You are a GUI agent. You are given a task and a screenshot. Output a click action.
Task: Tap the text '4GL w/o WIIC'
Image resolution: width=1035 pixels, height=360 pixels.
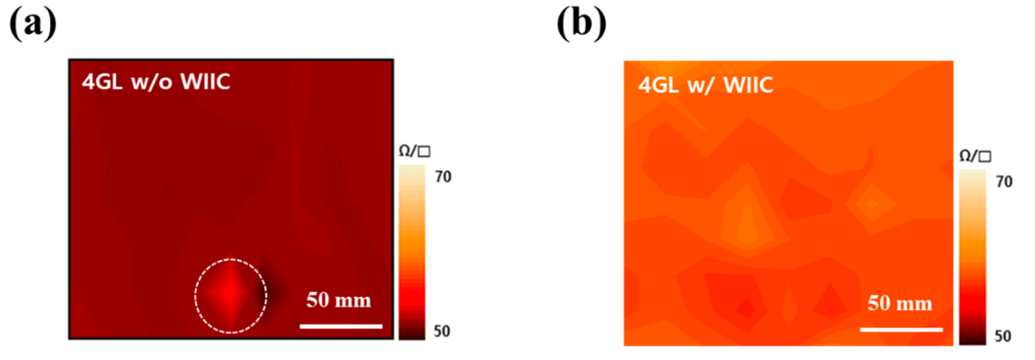pos(156,82)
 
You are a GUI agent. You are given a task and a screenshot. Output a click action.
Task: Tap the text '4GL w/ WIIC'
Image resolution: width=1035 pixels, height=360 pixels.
pos(706,85)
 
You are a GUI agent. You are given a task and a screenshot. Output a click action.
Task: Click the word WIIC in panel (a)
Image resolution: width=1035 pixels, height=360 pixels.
pos(205,82)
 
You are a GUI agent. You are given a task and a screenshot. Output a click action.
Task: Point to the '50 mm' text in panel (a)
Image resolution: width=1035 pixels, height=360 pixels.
pos(338,300)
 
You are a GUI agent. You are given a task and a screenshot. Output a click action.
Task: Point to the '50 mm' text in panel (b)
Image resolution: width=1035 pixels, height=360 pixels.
pos(900,303)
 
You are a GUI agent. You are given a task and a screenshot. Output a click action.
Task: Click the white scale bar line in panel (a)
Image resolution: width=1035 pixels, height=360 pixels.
pos(341,326)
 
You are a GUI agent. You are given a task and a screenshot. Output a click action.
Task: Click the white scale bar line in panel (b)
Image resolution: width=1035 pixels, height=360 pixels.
pos(902,330)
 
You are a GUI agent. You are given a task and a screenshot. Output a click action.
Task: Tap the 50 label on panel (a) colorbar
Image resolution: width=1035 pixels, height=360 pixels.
pos(442,331)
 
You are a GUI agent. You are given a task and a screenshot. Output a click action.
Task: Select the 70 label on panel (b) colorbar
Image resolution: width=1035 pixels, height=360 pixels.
pos(1004,182)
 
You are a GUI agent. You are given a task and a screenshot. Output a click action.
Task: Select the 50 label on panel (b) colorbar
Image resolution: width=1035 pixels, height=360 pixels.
pos(1003,336)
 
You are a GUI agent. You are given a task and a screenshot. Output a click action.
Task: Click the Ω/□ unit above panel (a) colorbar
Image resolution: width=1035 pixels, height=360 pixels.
pos(414,151)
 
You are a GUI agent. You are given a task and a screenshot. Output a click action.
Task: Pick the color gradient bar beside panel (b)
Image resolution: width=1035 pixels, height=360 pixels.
pos(972,257)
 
